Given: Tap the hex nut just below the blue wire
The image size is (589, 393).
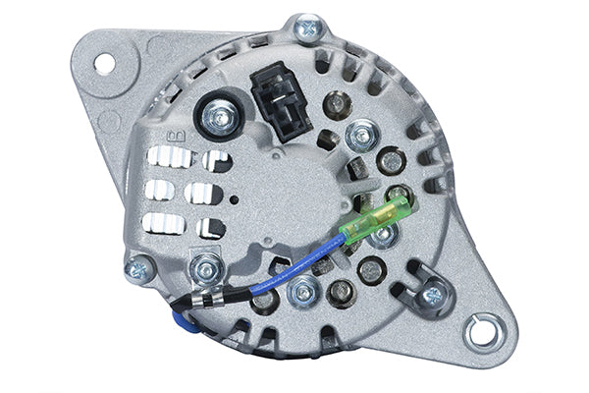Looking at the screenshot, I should [x=304, y=290].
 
